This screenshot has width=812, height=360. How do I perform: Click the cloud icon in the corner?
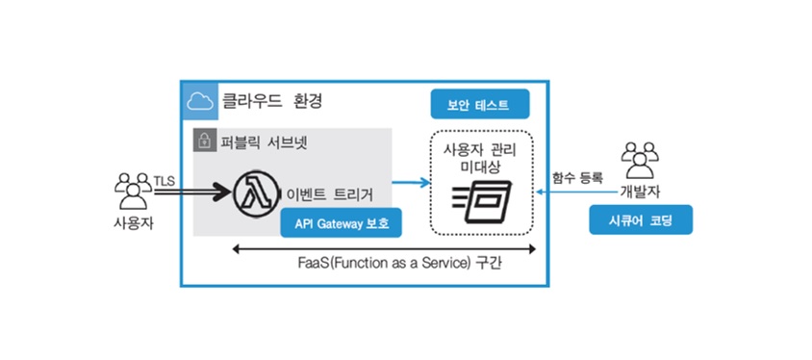click(200, 101)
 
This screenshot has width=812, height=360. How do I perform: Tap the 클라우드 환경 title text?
click(272, 100)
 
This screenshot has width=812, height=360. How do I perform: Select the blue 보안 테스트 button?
click(479, 104)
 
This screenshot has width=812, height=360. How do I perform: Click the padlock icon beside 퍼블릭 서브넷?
click(202, 141)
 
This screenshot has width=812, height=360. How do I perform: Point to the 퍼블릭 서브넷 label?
click(263, 141)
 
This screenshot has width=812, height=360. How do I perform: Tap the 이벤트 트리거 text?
click(330, 194)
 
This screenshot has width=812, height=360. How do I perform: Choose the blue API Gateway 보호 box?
click(342, 222)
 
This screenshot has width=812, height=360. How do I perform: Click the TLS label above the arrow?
click(165, 181)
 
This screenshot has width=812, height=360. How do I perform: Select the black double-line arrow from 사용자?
click(192, 193)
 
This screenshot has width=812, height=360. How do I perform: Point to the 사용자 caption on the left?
click(134, 224)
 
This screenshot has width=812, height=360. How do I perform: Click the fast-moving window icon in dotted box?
click(482, 201)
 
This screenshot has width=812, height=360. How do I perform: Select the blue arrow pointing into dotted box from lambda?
click(412, 182)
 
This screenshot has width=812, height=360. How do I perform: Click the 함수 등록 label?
click(578, 178)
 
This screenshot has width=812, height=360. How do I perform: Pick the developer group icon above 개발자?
click(640, 160)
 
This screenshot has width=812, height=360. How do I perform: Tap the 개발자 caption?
click(640, 193)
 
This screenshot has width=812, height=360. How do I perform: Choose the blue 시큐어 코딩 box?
click(641, 220)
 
